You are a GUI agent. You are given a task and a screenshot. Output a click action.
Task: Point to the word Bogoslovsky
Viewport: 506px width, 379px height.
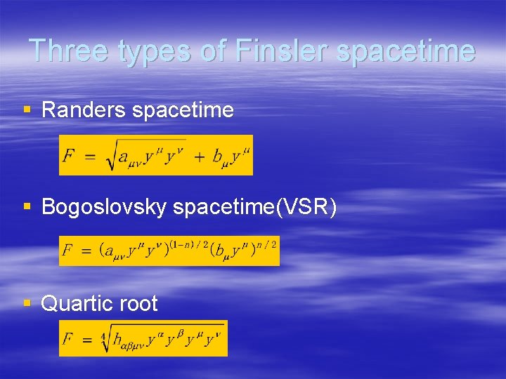[104, 207]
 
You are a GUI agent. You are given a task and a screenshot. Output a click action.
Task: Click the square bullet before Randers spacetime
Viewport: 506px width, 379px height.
[27, 110]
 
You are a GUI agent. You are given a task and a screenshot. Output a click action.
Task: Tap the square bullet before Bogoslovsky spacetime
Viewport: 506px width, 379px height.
[27, 207]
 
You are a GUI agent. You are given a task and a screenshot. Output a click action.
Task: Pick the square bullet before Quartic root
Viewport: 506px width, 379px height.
[27, 303]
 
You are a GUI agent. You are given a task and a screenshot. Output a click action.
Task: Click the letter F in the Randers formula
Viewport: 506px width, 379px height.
[69, 156]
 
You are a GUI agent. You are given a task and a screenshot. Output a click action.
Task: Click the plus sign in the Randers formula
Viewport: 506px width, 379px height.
[198, 156]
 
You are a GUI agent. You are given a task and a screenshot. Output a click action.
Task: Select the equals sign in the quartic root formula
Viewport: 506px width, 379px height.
[88, 340]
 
